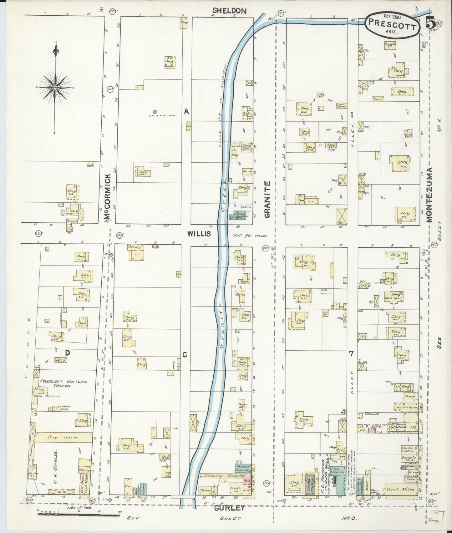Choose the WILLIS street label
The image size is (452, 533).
coord(199,233)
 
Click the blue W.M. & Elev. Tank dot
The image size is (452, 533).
coord(155,112)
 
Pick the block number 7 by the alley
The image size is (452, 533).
coord(351,354)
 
